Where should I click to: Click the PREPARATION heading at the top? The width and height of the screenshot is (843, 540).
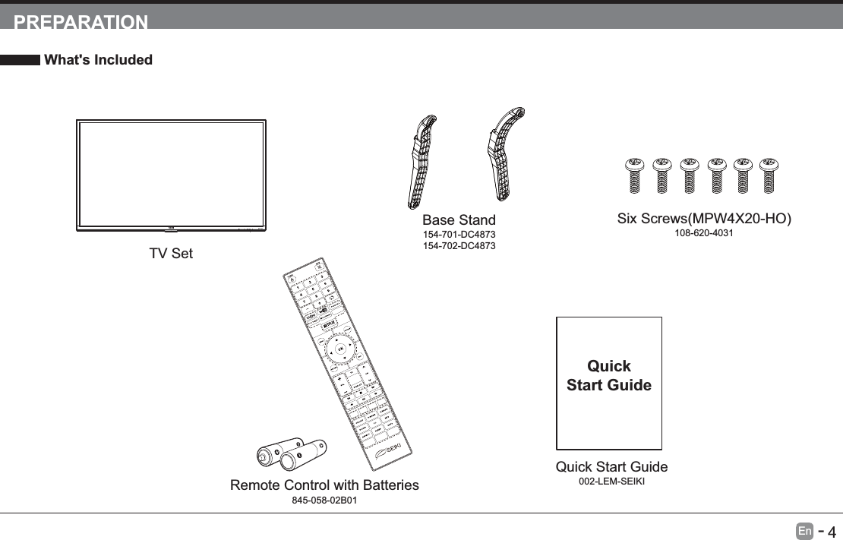[81, 21]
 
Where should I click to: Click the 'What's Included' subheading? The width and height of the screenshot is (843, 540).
[98, 60]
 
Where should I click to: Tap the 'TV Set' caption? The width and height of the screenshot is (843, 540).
[171, 254]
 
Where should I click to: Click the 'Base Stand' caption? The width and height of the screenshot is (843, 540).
[459, 221]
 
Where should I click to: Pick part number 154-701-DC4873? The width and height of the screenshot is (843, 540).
[459, 235]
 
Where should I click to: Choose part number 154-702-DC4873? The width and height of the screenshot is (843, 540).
[459, 247]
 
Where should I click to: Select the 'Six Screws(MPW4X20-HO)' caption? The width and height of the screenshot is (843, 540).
[704, 219]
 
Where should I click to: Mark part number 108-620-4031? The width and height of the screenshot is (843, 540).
[704, 233]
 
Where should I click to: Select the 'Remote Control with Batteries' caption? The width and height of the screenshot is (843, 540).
[324, 485]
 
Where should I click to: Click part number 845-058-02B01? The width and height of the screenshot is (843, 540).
[324, 501]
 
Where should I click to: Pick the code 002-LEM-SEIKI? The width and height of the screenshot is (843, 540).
[611, 482]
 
